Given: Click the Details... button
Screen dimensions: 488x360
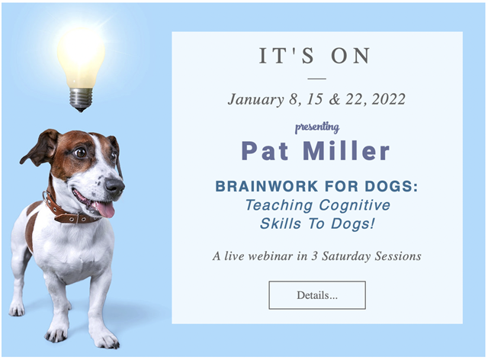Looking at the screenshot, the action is click(x=317, y=295).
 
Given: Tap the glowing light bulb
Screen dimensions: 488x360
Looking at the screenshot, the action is click(x=81, y=68).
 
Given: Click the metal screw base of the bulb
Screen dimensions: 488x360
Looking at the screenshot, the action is click(x=81, y=99).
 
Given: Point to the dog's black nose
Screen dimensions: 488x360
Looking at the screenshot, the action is click(x=114, y=186).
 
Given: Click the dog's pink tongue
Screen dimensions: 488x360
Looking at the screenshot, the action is click(x=105, y=209).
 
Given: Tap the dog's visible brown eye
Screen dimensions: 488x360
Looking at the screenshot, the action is click(x=81, y=153).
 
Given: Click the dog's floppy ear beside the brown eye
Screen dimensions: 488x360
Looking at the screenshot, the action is click(x=40, y=148).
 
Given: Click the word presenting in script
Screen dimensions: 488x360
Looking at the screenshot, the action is click(x=317, y=127).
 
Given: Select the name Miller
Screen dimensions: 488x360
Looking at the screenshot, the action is click(x=346, y=151).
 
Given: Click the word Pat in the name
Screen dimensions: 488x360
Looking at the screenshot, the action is click(x=265, y=151).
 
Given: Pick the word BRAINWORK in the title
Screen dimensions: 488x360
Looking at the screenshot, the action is click(x=267, y=186).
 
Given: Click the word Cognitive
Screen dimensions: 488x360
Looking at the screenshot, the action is click(x=355, y=205).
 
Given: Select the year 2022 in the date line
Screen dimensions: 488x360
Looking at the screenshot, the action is click(x=389, y=99).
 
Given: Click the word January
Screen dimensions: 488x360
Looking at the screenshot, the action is click(x=256, y=100).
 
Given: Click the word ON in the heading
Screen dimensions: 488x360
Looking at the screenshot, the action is click(x=351, y=56).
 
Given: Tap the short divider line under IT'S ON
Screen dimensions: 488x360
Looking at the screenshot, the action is click(x=317, y=79).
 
